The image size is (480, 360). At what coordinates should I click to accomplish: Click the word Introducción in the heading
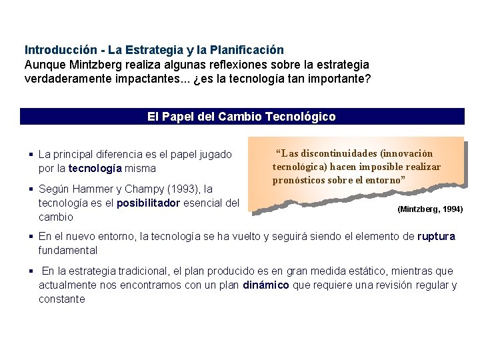click(x=55, y=50)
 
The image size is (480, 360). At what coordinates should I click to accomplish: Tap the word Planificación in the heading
click(x=247, y=50)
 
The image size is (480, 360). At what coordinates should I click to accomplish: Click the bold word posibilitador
click(x=148, y=203)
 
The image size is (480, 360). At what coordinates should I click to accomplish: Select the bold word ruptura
click(x=436, y=236)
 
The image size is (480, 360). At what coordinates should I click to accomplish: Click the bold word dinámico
click(x=265, y=285)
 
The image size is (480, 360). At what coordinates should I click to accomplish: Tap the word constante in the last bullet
click(x=62, y=299)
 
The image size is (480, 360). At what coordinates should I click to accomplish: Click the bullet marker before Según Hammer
click(x=31, y=189)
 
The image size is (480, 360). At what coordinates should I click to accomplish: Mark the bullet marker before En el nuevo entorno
click(x=31, y=236)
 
